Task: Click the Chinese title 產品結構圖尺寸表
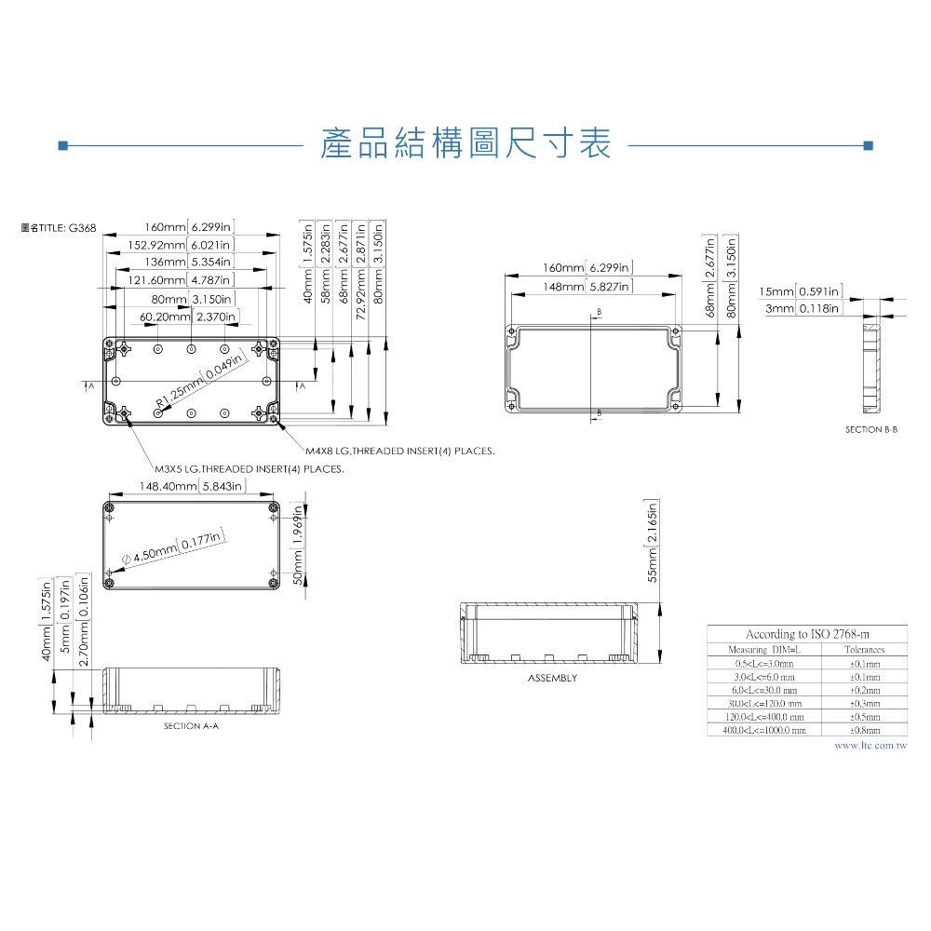click(x=465, y=144)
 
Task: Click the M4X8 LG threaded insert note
click(x=399, y=451)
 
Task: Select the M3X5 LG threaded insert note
click(x=249, y=469)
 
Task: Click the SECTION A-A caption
click(x=191, y=725)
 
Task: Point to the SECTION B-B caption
click(x=871, y=429)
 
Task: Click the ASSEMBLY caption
click(x=552, y=678)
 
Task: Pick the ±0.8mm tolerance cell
click(x=865, y=731)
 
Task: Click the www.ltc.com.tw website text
click(x=870, y=746)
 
